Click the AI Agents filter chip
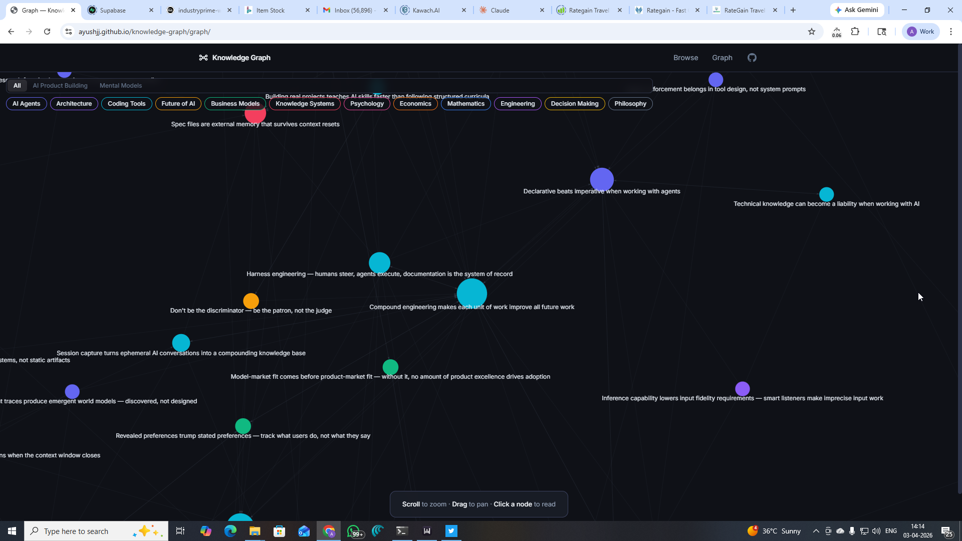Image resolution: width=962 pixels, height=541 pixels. (26, 104)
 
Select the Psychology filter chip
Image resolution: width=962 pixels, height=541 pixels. (367, 104)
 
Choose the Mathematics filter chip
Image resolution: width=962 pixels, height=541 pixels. (465, 104)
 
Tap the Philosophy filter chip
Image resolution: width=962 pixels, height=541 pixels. (630, 104)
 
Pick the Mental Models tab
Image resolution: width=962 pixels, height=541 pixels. (121, 86)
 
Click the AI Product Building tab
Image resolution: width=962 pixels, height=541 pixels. (60, 86)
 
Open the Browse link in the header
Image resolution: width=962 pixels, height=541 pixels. (685, 58)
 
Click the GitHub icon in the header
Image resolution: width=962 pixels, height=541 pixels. (752, 58)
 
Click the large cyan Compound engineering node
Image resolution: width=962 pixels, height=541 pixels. (471, 293)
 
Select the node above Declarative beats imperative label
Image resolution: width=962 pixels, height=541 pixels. (602, 179)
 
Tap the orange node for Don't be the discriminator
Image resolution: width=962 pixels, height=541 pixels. (251, 301)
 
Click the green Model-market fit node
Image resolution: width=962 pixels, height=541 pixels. (390, 367)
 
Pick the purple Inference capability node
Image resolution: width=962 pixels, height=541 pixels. (743, 389)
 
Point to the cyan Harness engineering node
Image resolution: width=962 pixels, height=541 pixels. (379, 262)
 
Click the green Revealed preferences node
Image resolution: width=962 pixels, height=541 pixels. (243, 426)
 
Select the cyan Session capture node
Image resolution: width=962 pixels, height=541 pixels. (181, 343)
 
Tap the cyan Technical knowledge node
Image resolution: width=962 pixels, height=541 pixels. (826, 194)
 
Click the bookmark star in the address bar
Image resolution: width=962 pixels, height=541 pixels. (812, 32)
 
